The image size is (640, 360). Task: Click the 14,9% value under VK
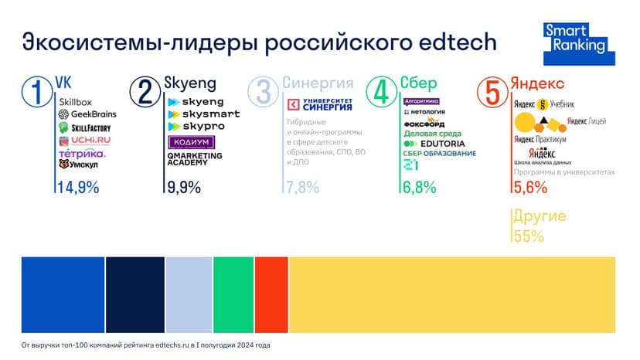coord(78,187)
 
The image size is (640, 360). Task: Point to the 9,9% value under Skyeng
coord(183,187)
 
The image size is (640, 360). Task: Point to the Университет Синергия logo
coord(319,104)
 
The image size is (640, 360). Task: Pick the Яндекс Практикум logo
coord(540,139)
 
